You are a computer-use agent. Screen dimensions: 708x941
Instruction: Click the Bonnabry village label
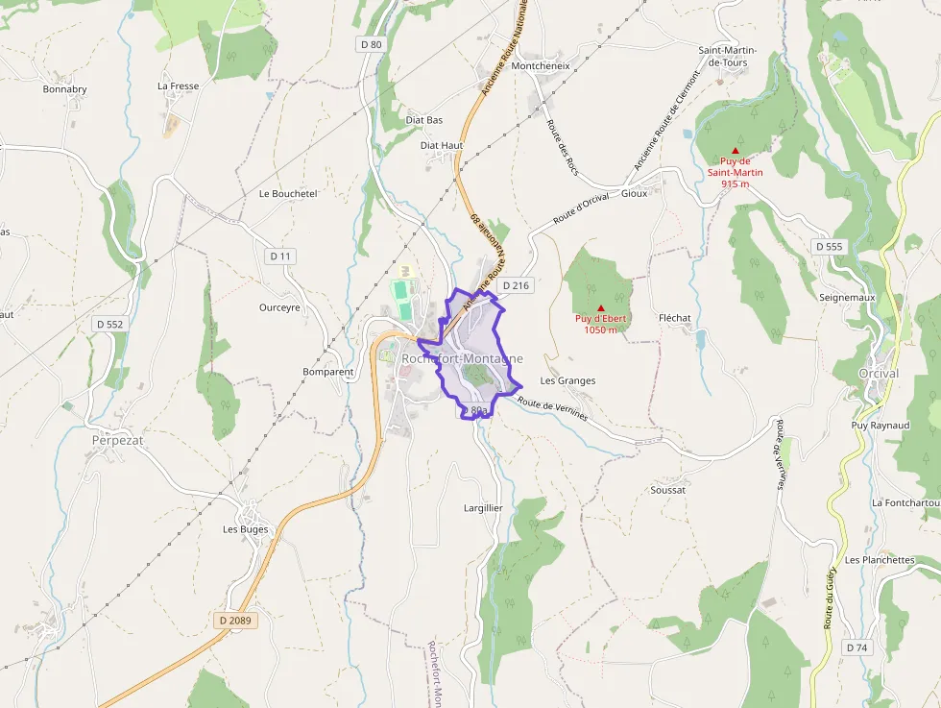coord(64,89)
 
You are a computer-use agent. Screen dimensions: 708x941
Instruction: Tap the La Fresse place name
coord(179,85)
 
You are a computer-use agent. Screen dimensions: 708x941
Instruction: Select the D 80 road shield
coord(371,44)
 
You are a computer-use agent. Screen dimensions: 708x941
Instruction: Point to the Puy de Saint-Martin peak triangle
coord(736,151)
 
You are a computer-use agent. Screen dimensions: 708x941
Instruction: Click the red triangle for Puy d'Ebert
coord(601,308)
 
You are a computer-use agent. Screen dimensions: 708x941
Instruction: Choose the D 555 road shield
coord(829,247)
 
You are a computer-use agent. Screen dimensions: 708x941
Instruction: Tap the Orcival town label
coord(879,374)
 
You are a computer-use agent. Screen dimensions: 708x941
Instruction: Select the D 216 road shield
coord(516,285)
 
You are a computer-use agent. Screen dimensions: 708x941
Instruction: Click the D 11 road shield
coord(280,256)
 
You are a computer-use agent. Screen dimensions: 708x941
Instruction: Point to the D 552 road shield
coord(110,325)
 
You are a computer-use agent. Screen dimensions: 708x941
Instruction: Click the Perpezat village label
coord(117,440)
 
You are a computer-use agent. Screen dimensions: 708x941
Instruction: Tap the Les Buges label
coord(246,529)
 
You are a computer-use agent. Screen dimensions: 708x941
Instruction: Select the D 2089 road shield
coord(235,621)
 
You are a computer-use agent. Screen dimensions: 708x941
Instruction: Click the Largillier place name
coord(483,507)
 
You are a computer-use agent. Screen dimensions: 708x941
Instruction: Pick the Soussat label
coord(668,490)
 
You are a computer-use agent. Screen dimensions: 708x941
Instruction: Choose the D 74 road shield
coord(857,648)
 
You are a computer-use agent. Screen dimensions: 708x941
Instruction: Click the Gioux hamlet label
coord(635,193)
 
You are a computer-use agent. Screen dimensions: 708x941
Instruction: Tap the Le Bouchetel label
coord(288,193)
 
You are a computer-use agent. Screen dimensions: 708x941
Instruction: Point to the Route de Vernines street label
coord(552,408)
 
